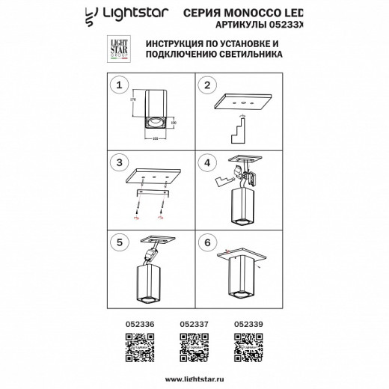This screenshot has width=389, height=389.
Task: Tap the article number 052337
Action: (194, 325)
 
